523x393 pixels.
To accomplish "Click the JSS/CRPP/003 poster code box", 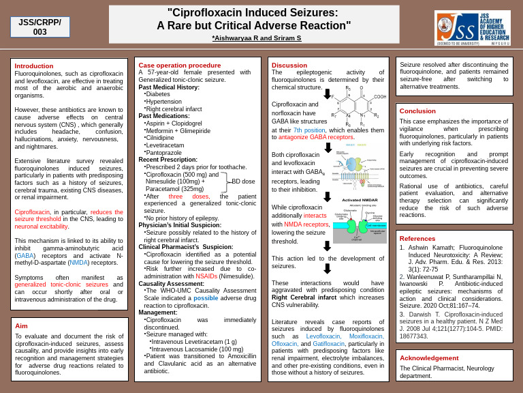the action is (x=39, y=27).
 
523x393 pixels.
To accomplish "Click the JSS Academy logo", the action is (x=472, y=28).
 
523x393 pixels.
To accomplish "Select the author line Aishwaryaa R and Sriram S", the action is (x=256, y=38).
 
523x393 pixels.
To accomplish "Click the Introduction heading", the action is (x=34, y=66).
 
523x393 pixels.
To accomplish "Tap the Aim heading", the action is (x=21, y=325).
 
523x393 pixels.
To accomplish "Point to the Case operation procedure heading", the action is (x=180, y=65).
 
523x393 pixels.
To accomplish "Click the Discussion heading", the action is (x=289, y=65).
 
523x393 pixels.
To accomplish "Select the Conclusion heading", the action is (x=417, y=111).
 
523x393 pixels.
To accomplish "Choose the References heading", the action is (x=417, y=238).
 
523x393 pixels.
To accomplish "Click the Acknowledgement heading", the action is (x=429, y=358).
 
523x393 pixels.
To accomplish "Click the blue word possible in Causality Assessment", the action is (x=206, y=297).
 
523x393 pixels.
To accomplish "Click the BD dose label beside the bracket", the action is (x=243, y=181).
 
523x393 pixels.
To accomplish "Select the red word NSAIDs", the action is (x=206, y=276).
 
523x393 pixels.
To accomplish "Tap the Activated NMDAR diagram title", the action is (x=360, y=200).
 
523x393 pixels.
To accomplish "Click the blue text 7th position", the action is (x=309, y=130).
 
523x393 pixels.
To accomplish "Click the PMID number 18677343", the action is (x=414, y=336).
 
